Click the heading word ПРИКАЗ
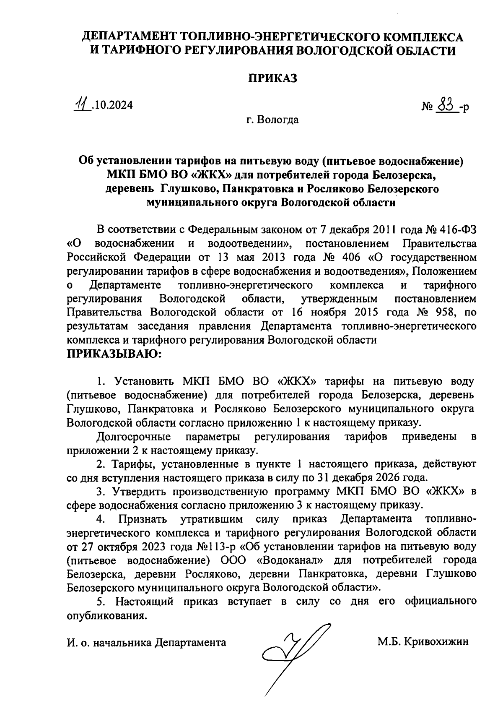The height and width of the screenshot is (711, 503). [x=273, y=78]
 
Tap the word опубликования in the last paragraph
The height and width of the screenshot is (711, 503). [x=107, y=616]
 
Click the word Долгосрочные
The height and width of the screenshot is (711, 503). [x=133, y=437]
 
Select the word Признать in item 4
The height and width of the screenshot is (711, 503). [x=143, y=519]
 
